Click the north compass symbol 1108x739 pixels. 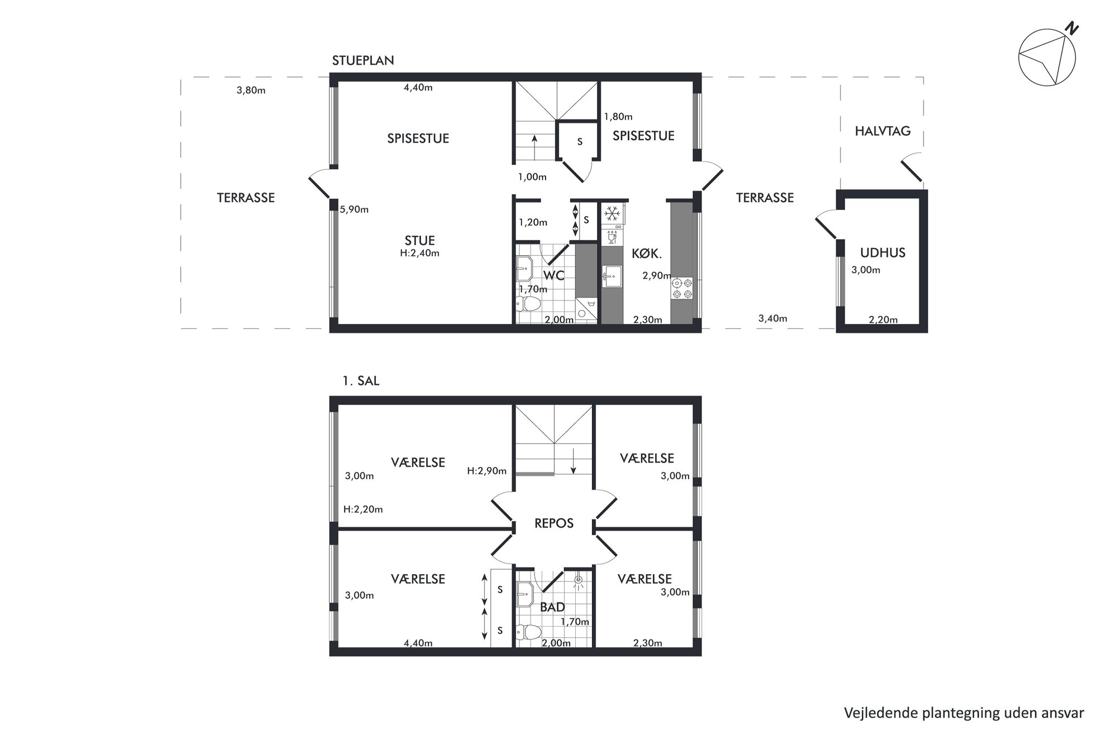pos(1047,57)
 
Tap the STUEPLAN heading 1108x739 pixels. pos(363,60)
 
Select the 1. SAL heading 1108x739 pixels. pos(361,381)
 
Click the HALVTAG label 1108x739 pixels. pos(882,131)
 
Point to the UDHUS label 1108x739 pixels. pos(882,252)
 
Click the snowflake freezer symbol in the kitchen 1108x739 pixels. pos(613,213)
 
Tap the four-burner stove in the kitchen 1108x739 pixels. pos(682,288)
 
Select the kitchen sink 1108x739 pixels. pos(613,276)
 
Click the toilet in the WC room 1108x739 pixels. pos(528,304)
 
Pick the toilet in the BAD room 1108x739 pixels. pos(528,632)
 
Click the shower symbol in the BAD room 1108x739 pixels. pos(579,582)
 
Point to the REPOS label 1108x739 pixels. pos(554,523)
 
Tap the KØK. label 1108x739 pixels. pos(647,254)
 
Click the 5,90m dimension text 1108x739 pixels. pos(354,210)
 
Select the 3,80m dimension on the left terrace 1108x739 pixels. pos(251,90)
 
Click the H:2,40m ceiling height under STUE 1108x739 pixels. pos(419,253)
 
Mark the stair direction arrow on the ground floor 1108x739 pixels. pos(534,147)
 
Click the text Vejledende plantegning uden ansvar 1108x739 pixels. pos(964,713)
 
